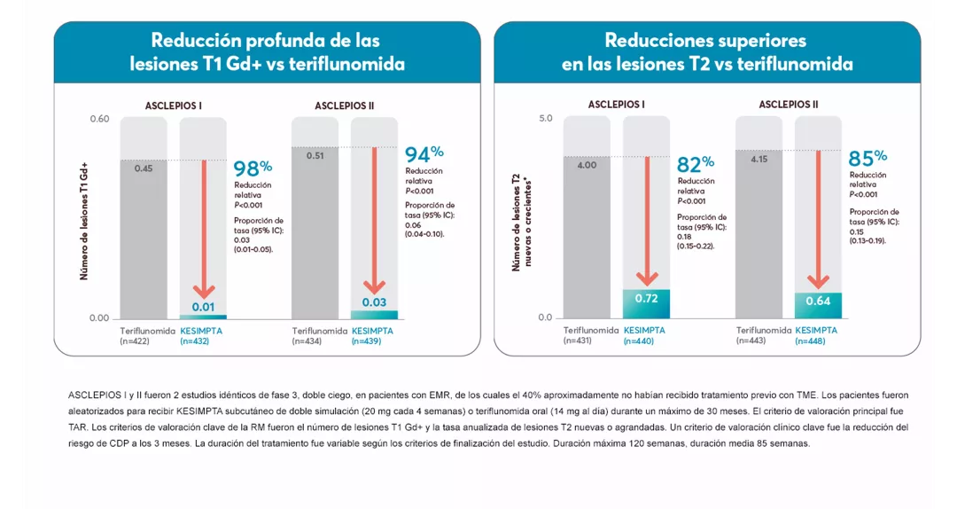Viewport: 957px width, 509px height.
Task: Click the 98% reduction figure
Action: (x=253, y=168)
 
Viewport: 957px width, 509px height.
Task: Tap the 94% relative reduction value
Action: (x=424, y=154)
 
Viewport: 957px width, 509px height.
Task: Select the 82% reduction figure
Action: (x=696, y=164)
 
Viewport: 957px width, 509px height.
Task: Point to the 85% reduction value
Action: (x=868, y=159)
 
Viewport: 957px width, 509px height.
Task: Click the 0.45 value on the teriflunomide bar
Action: (x=144, y=168)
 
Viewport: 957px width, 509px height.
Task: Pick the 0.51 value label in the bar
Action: (x=315, y=155)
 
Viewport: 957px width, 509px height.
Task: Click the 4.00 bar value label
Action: (x=587, y=165)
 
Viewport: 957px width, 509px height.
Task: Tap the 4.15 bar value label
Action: (x=759, y=160)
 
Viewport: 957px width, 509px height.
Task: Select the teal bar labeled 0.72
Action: (x=646, y=302)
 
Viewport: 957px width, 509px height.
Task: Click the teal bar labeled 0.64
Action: (x=818, y=304)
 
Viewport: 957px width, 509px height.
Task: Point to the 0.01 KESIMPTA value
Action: (x=204, y=307)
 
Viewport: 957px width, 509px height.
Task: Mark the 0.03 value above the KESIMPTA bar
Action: (x=375, y=302)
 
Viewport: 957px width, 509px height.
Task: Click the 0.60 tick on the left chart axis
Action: (x=98, y=119)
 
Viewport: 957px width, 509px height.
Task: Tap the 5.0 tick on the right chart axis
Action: (x=545, y=119)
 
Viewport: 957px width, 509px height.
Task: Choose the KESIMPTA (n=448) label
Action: (x=816, y=335)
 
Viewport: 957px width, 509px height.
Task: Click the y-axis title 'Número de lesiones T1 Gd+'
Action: (x=85, y=222)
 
